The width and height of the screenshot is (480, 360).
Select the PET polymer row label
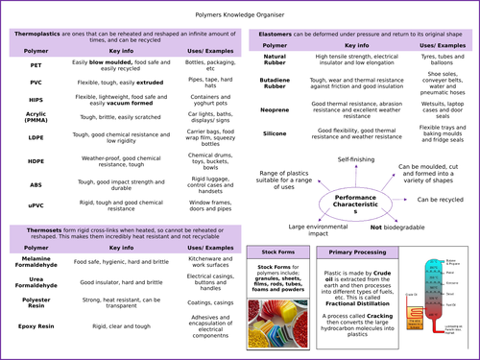coord(35,63)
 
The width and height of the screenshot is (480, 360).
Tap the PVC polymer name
coord(35,83)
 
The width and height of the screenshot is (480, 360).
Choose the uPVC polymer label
coord(35,204)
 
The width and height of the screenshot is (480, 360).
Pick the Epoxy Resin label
coord(36,324)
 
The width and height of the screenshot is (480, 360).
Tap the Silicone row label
coord(275,133)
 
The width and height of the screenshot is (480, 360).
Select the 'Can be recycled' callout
coord(441,200)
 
